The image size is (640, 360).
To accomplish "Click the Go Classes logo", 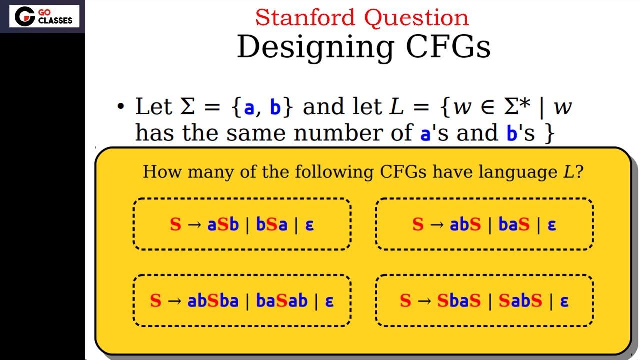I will coord(44,16).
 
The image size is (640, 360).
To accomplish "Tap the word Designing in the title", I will coord(315,47).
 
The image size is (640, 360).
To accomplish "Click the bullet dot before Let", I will coord(120,107).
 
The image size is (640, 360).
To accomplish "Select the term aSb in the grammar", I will coord(223,224).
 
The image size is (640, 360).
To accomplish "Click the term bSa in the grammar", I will coord(272,224).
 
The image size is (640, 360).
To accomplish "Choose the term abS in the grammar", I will coord(465,224).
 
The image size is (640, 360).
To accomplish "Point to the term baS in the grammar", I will coord(514,224).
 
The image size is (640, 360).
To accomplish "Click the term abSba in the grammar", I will coord(213,301).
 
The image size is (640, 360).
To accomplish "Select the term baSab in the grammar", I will coord(282,301).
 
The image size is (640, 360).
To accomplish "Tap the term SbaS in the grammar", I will coord(459,301).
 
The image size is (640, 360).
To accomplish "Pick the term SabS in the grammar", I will coord(520,301).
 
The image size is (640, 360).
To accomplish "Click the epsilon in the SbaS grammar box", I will coord(564,301).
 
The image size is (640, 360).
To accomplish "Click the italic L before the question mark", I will coord(568,172).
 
